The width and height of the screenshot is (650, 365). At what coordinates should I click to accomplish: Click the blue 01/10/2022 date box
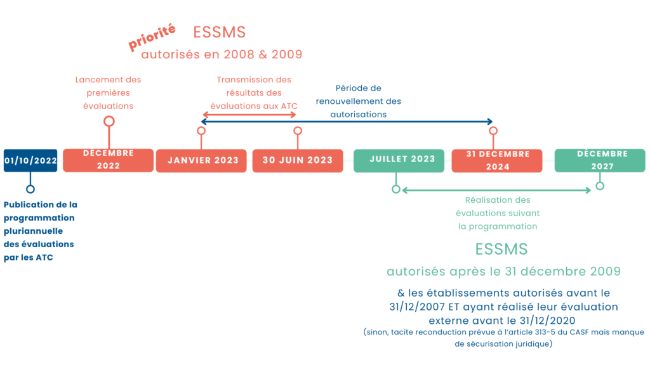click(30, 160)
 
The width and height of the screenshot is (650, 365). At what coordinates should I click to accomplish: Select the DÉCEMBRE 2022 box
click(108, 160)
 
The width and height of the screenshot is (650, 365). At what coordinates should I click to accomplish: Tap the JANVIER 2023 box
click(201, 160)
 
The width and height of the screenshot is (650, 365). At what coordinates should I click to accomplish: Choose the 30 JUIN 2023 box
click(298, 160)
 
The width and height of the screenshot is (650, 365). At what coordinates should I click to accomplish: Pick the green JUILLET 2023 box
click(399, 160)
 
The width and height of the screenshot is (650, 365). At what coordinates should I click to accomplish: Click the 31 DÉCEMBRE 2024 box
click(497, 160)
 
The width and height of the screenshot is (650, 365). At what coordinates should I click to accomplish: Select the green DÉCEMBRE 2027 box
click(600, 160)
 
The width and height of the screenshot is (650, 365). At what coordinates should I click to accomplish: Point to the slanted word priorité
click(152, 37)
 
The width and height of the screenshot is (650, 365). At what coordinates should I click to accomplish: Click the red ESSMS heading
click(219, 32)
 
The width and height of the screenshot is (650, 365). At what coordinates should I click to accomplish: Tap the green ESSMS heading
click(501, 249)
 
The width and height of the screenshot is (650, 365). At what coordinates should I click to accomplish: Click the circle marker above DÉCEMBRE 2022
click(109, 121)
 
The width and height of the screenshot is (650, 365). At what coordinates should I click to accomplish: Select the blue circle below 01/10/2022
click(30, 189)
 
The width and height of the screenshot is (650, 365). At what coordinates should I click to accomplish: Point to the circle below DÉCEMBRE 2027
click(600, 186)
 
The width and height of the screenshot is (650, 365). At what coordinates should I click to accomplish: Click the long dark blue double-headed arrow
click(347, 122)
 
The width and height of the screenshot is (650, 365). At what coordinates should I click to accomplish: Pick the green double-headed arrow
click(496, 190)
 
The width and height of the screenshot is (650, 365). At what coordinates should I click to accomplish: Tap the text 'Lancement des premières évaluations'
click(108, 93)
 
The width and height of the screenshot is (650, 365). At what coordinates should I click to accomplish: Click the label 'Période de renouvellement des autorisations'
click(359, 101)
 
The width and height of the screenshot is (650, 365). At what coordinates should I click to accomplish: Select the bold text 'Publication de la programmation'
click(40, 211)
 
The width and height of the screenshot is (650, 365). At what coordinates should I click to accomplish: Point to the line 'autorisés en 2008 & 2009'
click(222, 54)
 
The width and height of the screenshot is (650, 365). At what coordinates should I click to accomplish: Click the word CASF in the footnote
click(579, 332)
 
